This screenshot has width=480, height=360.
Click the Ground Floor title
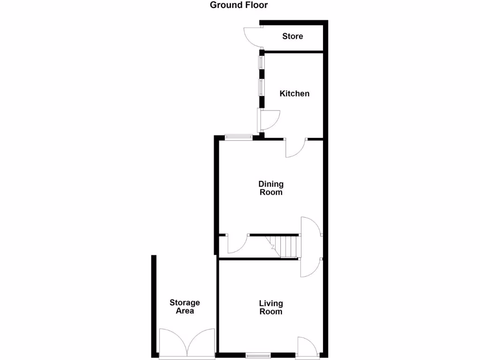239,6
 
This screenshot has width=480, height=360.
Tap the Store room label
292,37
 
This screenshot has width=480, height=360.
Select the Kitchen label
294,94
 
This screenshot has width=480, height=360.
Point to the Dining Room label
271,188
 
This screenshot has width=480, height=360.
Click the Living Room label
271,307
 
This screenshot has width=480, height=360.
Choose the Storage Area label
185,307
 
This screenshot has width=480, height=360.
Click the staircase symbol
284,246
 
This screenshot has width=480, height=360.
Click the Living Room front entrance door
307,346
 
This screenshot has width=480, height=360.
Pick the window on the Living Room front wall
258,354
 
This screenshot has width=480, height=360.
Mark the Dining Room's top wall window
238,137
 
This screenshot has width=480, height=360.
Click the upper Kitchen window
261,63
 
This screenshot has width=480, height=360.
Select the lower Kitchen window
261,88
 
